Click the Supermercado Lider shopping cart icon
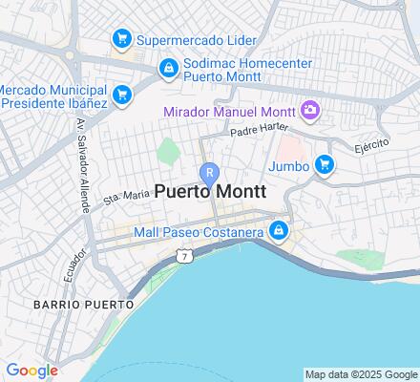click(121, 39)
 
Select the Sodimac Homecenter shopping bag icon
click(168, 67)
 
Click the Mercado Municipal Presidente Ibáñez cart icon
click(121, 94)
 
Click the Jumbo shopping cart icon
click(325, 164)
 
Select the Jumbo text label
click(290, 165)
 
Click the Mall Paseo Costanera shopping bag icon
click(278, 230)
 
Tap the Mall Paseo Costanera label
click(199, 230)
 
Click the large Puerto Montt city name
click(211, 192)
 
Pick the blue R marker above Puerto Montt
click(210, 173)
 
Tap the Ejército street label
click(373, 146)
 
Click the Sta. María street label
click(127, 195)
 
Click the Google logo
click(31, 371)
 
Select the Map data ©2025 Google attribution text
click(361, 374)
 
